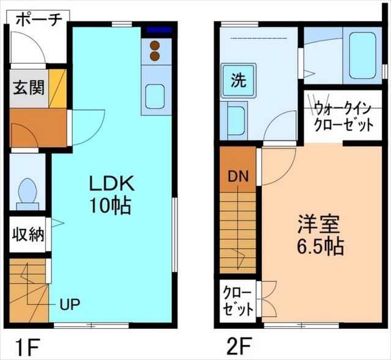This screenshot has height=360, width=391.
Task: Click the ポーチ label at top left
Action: pos(37,18)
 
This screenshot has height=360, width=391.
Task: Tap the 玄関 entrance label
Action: pos(28,87)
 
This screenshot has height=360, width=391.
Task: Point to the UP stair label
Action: pos(69,302)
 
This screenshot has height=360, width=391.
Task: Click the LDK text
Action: pos(112,183)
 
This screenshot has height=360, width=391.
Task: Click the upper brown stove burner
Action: pos(155,45)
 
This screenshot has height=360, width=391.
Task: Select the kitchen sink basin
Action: pos(155,97)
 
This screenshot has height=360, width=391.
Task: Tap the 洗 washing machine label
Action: pos(239,79)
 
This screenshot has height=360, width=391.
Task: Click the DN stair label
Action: pos(237,176)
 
